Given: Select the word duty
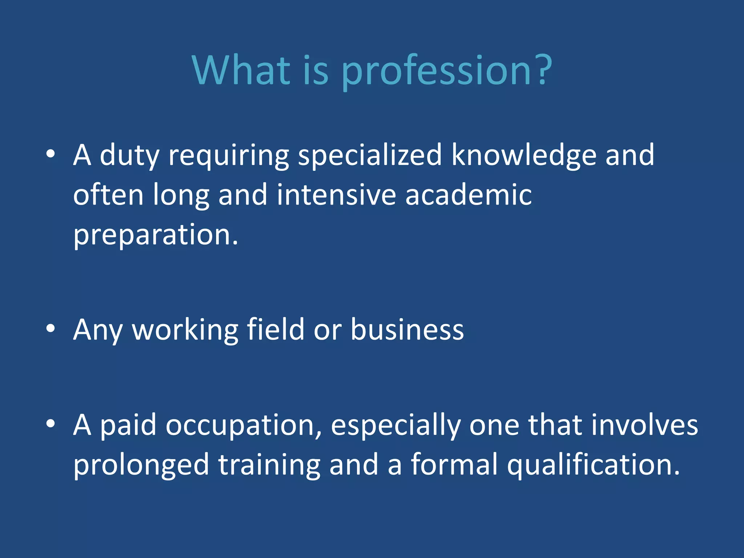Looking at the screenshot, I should click(x=129, y=155).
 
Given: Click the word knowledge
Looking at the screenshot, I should click(x=524, y=155).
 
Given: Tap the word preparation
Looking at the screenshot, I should click(x=155, y=235).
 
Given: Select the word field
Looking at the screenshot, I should click(x=275, y=329).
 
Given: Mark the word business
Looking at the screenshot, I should click(x=407, y=329).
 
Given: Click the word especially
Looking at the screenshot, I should click(x=396, y=426).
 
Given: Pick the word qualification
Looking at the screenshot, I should click(x=593, y=465).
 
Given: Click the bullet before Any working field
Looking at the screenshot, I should click(x=50, y=328).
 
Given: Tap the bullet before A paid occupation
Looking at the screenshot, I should click(x=50, y=423).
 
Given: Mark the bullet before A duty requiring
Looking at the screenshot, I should click(x=50, y=154).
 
